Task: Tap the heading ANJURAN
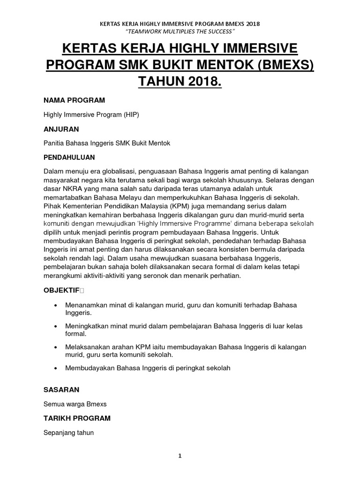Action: [x=61, y=129]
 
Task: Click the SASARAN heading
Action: [x=61, y=390]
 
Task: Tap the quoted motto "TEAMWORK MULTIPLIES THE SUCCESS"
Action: [x=180, y=31]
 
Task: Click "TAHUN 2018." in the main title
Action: [x=180, y=82]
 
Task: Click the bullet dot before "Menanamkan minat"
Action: [x=56, y=306]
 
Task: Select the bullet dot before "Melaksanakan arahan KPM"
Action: [x=56, y=347]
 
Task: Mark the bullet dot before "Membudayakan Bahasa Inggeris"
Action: [x=56, y=368]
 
